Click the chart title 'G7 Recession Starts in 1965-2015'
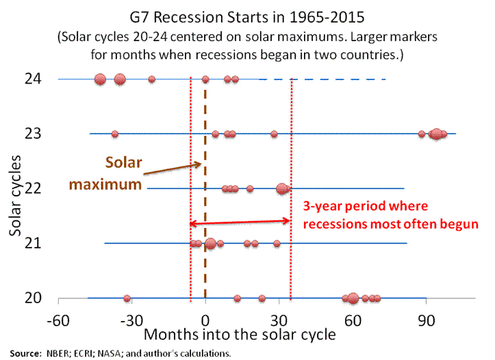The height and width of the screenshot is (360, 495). (x=247, y=15)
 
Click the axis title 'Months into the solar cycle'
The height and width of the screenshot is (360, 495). (x=240, y=335)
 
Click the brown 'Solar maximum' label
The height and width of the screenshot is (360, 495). (x=123, y=174)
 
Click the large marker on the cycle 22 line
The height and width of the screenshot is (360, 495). (x=281, y=188)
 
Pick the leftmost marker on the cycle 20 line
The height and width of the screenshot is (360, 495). (x=127, y=298)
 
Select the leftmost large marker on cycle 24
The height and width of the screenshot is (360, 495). (x=100, y=79)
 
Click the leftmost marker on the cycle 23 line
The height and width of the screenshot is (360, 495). (x=114, y=133)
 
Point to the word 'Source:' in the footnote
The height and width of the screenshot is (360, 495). (x=26, y=353)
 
